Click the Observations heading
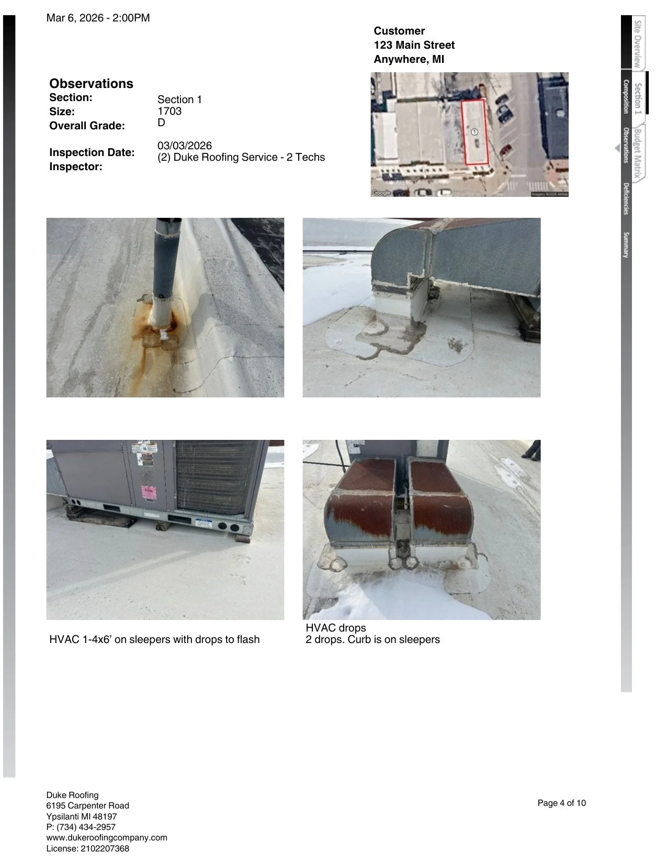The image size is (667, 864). [x=91, y=84]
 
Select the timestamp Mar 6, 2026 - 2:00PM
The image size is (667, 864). [x=98, y=18]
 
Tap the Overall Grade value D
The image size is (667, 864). [x=161, y=123]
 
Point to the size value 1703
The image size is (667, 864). [x=169, y=111]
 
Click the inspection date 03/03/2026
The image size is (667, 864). [x=185, y=146]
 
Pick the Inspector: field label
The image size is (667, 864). [x=76, y=167]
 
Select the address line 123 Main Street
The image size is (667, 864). [x=414, y=45]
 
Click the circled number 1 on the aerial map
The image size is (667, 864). [x=474, y=132]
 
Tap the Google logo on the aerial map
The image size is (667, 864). [x=381, y=193]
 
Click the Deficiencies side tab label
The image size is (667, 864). [x=626, y=198]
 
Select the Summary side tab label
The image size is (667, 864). [x=626, y=245]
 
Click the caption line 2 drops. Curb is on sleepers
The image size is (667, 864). [x=372, y=639]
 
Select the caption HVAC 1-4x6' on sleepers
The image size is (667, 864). [x=154, y=639]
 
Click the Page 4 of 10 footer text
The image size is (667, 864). [x=561, y=803]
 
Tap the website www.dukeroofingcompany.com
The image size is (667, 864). [x=107, y=837]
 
